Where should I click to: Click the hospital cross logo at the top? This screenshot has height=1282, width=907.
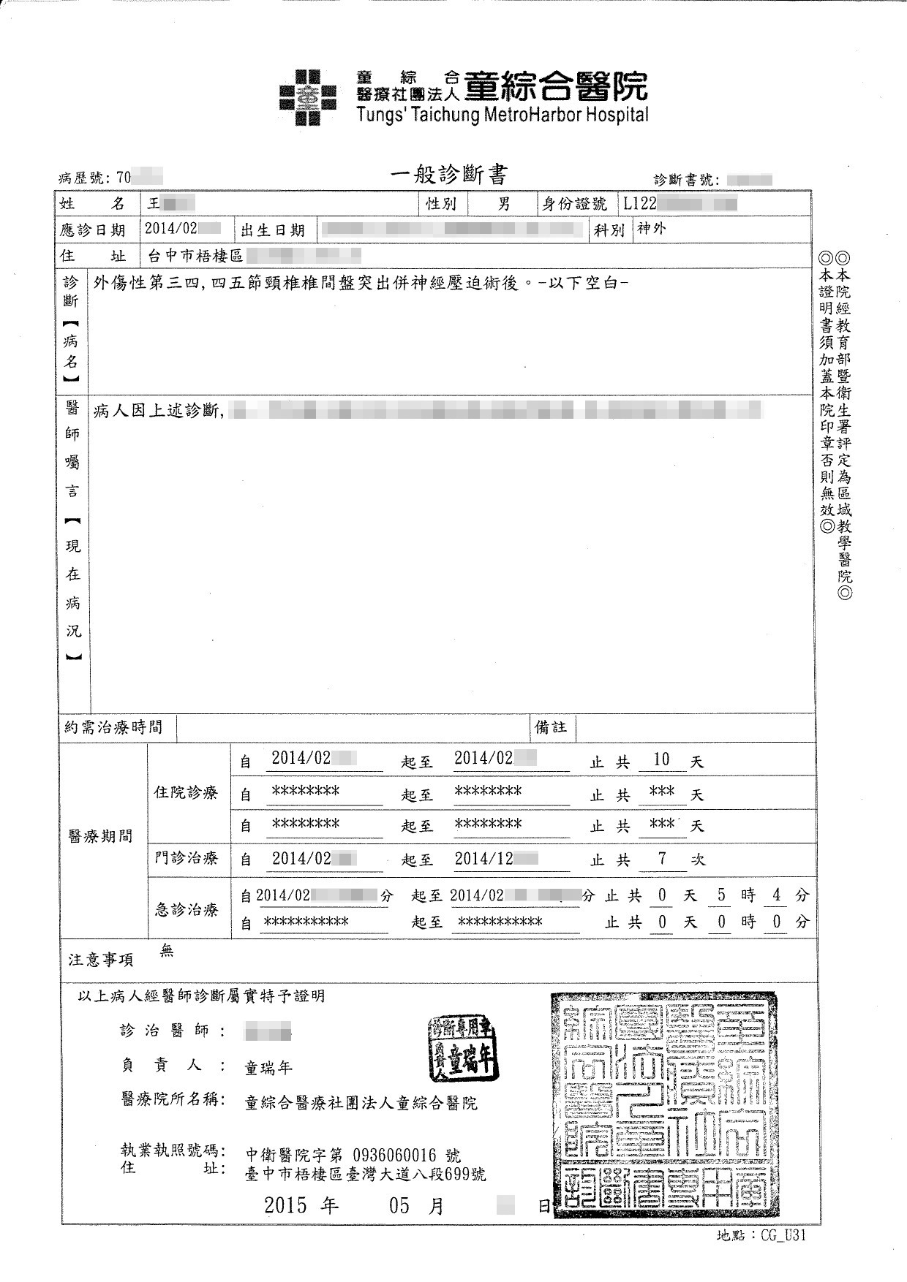coord(308,96)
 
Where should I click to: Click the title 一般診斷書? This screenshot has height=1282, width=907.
coord(448,175)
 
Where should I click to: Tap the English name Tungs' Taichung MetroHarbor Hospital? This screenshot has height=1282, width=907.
coord(503,115)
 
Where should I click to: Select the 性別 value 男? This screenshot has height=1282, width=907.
coord(504,204)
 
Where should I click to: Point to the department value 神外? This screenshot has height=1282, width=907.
coord(652,229)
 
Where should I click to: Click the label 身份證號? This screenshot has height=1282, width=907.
coord(574,204)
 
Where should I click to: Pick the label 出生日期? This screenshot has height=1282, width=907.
coord(273,231)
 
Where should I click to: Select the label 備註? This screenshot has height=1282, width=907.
coord(551,727)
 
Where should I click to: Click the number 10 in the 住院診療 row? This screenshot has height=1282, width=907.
coord(661,759)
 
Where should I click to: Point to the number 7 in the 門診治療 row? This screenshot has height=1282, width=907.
coord(662,858)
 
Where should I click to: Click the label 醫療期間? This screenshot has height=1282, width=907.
coord(100,836)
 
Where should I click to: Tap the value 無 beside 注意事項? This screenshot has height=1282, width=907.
coord(167,950)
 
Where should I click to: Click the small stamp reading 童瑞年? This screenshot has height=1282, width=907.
coord(463,1047)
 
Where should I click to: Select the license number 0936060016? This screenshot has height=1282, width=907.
coord(394,1156)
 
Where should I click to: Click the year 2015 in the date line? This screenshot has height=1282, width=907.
coord(285,1205)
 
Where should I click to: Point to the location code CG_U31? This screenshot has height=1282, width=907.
coord(783,1236)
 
